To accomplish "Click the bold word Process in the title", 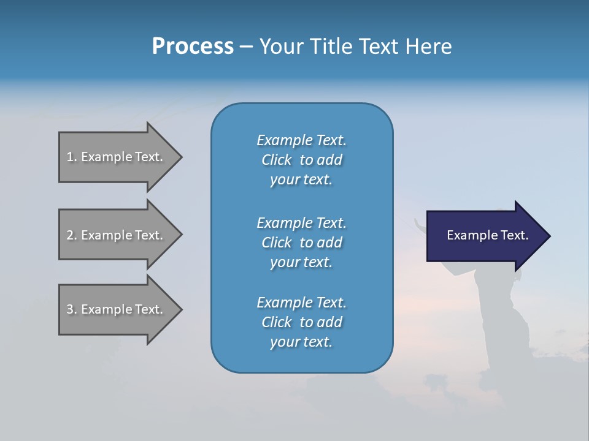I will point(193,47).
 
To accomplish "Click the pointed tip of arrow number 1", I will point(180,157).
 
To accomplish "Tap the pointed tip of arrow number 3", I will point(180,309).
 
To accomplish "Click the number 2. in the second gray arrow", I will point(72,235).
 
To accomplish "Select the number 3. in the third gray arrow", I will point(72,309).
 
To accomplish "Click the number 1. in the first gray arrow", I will point(72,157).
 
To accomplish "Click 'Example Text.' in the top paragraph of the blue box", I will point(301,140).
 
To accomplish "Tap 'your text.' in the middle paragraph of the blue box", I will point(301,262).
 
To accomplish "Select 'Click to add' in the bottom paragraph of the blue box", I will point(301,322).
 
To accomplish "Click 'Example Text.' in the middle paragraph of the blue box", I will point(301,223).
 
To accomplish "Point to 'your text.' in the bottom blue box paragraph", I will point(301,342).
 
